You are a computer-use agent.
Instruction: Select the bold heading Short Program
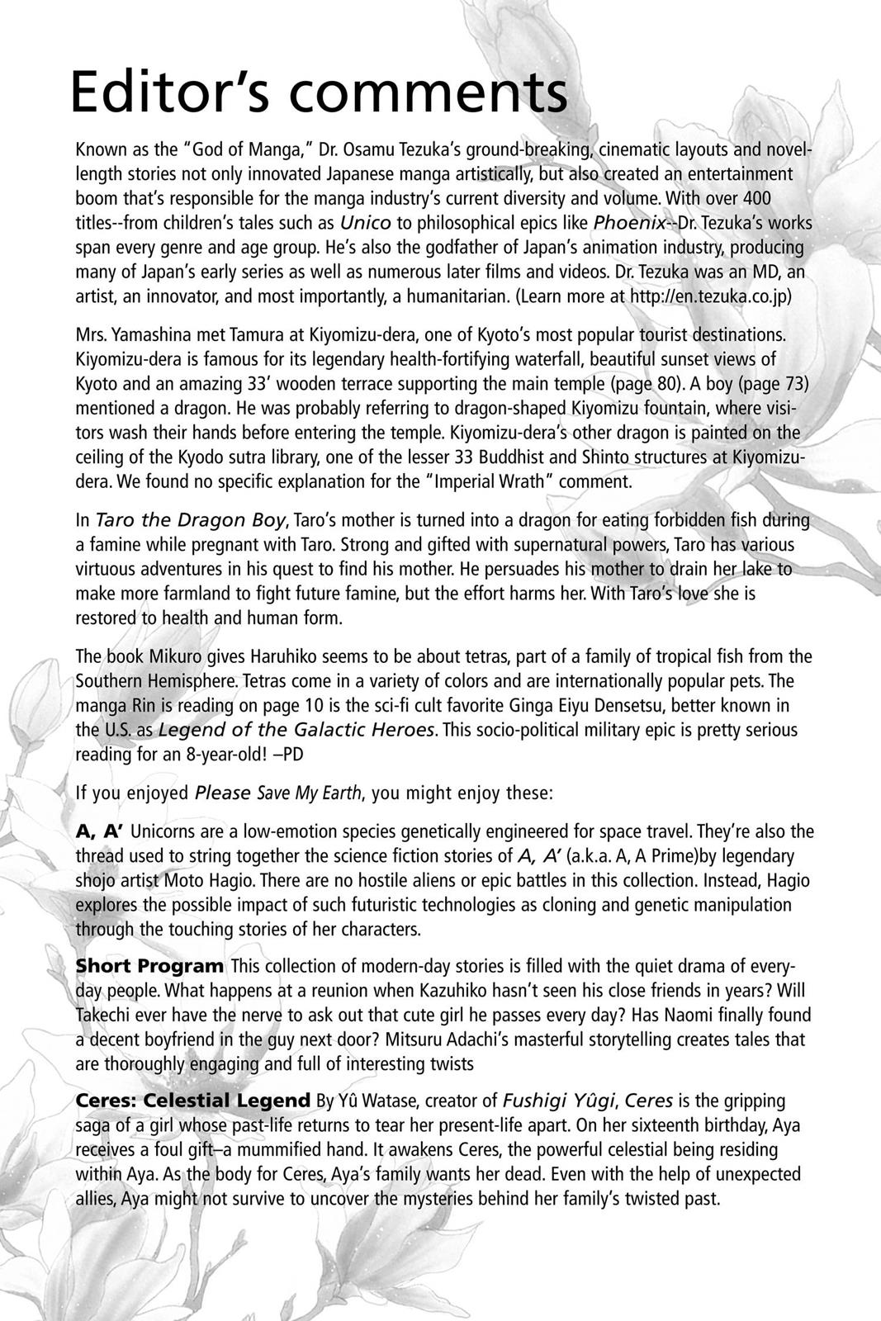coord(149,966)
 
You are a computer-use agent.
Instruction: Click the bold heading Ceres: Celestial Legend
coord(193,1101)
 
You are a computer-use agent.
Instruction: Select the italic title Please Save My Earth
coord(278,793)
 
